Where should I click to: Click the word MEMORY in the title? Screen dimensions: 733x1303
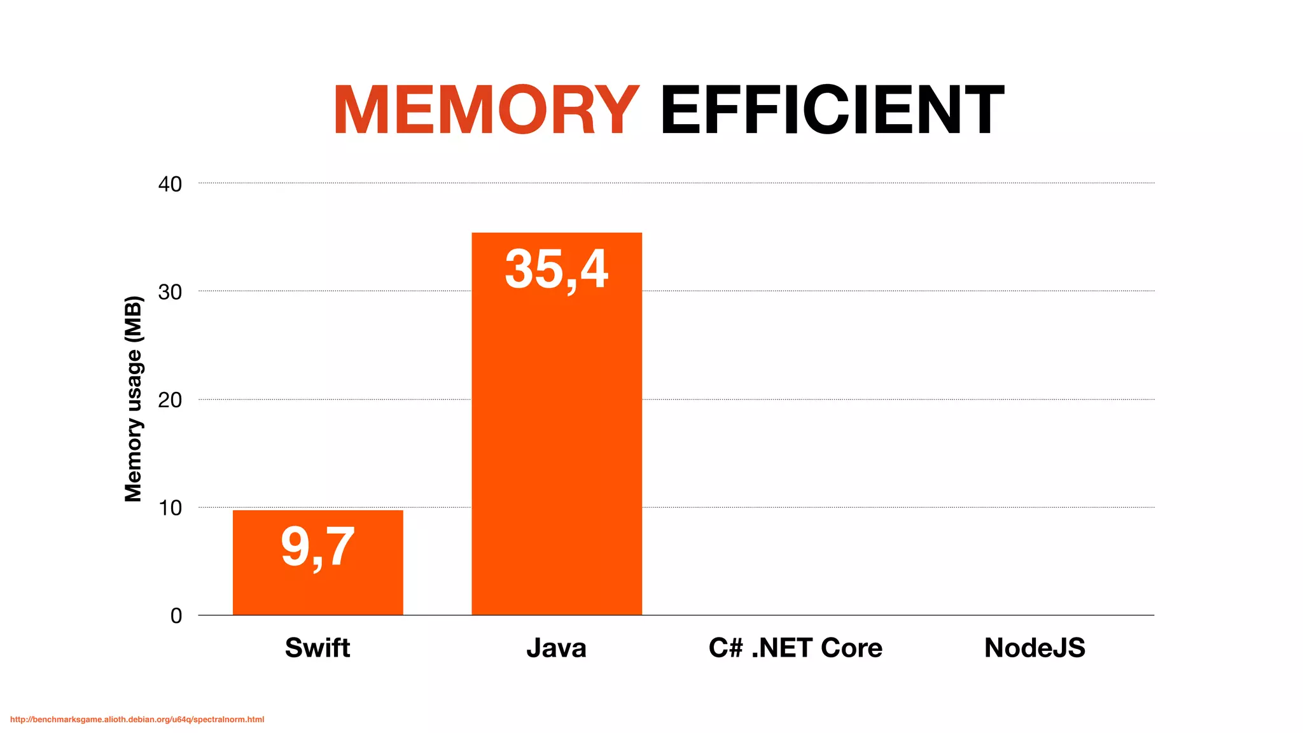(485, 111)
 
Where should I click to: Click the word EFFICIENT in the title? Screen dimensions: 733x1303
(832, 111)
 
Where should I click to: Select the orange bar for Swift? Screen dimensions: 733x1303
(317, 592)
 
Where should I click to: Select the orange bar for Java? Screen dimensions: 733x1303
(557, 445)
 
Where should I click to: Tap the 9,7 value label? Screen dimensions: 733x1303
(317, 547)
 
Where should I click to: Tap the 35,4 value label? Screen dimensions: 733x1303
(557, 269)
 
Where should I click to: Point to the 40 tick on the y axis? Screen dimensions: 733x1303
(170, 185)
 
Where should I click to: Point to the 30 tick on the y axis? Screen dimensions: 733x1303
(170, 292)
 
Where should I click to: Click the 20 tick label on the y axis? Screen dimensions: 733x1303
(170, 400)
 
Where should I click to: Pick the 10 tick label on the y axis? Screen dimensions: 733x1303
(170, 508)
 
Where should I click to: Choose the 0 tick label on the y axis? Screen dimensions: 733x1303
(176, 616)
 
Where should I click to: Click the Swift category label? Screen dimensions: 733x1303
(317, 648)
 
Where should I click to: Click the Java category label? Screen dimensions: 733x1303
(557, 648)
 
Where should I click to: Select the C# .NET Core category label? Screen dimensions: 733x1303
(795, 648)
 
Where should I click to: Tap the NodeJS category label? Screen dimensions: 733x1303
(1035, 648)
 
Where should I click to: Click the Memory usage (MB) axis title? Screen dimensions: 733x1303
(133, 399)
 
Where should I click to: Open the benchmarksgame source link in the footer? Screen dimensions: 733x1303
(137, 720)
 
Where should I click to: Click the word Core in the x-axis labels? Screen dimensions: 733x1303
(851, 648)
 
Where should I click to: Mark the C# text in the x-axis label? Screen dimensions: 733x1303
(725, 648)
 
